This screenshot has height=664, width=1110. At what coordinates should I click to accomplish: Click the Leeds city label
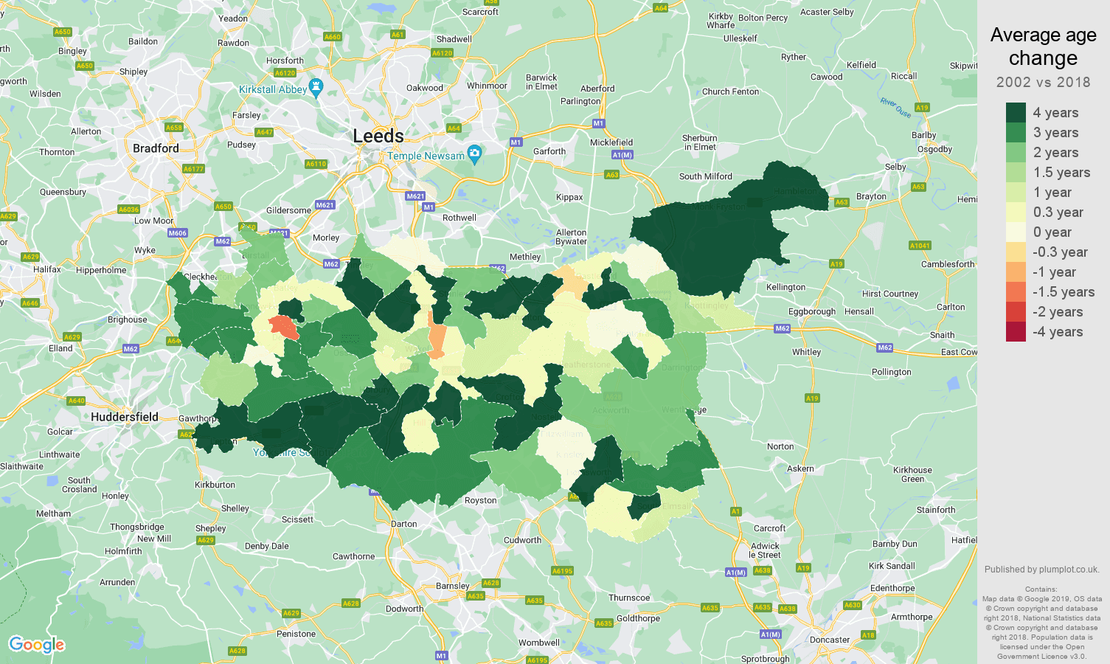click(378, 136)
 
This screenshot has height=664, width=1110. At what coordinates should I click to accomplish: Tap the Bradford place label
click(156, 148)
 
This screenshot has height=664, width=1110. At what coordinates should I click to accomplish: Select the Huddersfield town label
click(125, 417)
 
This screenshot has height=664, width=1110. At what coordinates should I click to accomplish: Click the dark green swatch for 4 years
click(1016, 113)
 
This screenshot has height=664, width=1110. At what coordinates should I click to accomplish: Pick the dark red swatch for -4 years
click(1016, 332)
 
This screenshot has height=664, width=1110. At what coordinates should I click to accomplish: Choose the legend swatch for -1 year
click(1016, 272)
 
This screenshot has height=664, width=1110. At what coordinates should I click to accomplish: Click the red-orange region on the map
click(283, 326)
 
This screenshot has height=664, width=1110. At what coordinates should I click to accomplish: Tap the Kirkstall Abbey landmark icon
click(316, 88)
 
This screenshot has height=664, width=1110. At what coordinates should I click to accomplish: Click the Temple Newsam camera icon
click(475, 154)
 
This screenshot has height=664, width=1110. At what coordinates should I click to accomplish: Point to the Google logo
click(37, 645)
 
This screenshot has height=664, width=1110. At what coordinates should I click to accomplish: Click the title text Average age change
click(1043, 46)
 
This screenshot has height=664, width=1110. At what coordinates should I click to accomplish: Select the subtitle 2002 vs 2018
click(1043, 83)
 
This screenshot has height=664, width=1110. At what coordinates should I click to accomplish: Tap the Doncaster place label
click(830, 640)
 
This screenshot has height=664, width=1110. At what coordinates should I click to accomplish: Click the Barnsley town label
click(452, 586)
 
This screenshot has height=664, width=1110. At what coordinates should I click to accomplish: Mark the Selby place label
click(895, 167)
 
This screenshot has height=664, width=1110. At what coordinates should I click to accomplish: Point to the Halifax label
click(47, 269)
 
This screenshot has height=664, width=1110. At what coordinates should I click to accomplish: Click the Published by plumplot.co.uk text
click(1041, 570)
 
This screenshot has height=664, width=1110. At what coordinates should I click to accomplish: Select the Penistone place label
click(296, 634)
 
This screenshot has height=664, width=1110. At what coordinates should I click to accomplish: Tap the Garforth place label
click(549, 151)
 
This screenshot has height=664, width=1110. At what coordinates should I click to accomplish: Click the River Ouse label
click(895, 108)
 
